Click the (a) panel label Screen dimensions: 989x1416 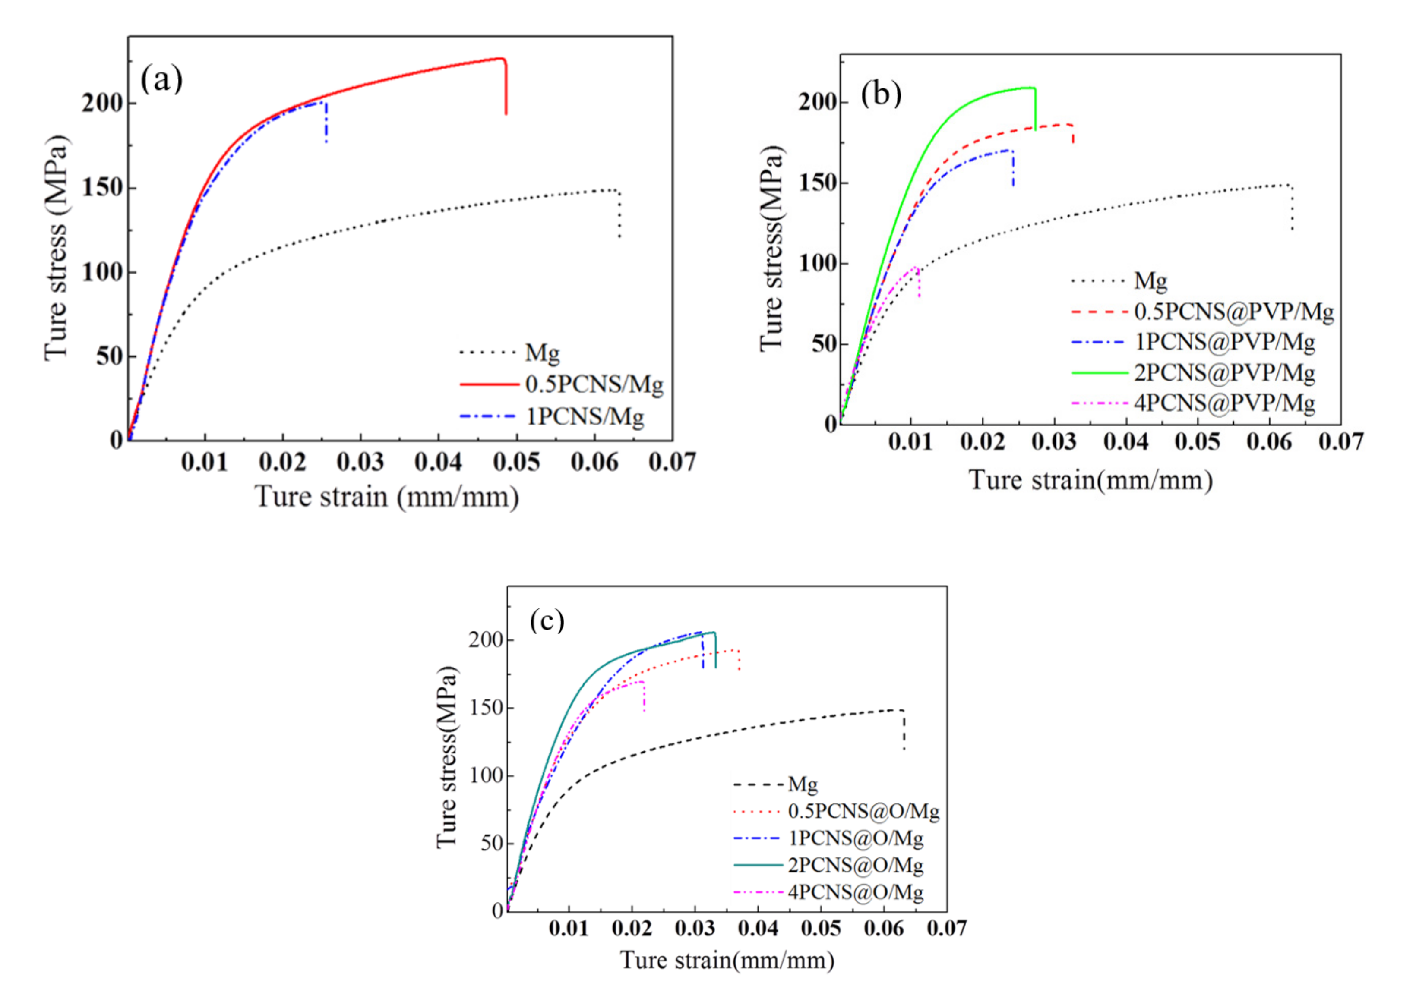tap(161, 79)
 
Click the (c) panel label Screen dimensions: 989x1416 tap(547, 620)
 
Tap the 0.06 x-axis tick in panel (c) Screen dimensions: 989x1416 tap(883, 928)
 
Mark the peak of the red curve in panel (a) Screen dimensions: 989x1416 tap(501, 59)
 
